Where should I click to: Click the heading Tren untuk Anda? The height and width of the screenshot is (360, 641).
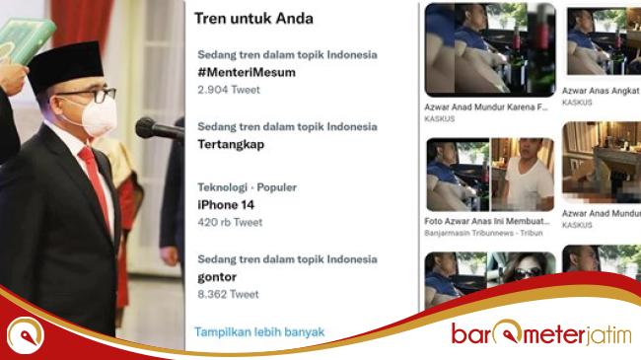pos(253,18)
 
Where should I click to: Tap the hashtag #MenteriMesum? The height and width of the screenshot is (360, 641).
pos(246,72)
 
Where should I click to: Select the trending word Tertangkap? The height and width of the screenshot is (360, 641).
pos(231,144)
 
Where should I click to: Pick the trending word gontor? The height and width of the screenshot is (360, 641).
pos(217,276)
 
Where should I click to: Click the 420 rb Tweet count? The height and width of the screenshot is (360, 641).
pos(230,222)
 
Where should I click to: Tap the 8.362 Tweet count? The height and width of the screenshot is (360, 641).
pos(228,294)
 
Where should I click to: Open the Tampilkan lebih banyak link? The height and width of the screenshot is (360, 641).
pos(258,332)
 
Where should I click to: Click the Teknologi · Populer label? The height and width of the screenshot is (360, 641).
pos(247,187)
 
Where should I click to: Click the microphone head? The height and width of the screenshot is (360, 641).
pos(148,127)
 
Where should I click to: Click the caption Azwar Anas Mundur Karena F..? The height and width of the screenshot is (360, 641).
pos(485,107)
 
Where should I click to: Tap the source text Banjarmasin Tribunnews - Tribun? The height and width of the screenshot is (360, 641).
pos(476,233)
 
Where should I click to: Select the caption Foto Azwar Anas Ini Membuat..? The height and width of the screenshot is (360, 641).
pos(485,221)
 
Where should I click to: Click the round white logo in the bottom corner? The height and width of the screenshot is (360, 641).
pos(25,334)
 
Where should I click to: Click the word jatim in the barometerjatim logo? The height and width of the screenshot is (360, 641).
pos(605,334)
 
